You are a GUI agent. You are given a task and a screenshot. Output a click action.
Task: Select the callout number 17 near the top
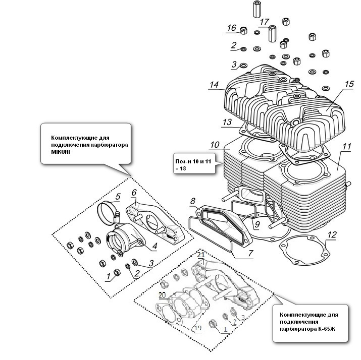point(264,22)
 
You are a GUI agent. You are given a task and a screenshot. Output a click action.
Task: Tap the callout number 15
point(348,84)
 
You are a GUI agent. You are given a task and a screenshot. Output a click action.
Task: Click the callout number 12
point(331,234)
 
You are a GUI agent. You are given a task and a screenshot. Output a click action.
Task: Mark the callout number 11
point(345,147)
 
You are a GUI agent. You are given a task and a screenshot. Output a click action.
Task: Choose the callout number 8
point(193,202)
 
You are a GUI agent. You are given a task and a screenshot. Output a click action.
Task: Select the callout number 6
point(134,192)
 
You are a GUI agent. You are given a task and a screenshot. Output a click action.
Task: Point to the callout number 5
point(117,196)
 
